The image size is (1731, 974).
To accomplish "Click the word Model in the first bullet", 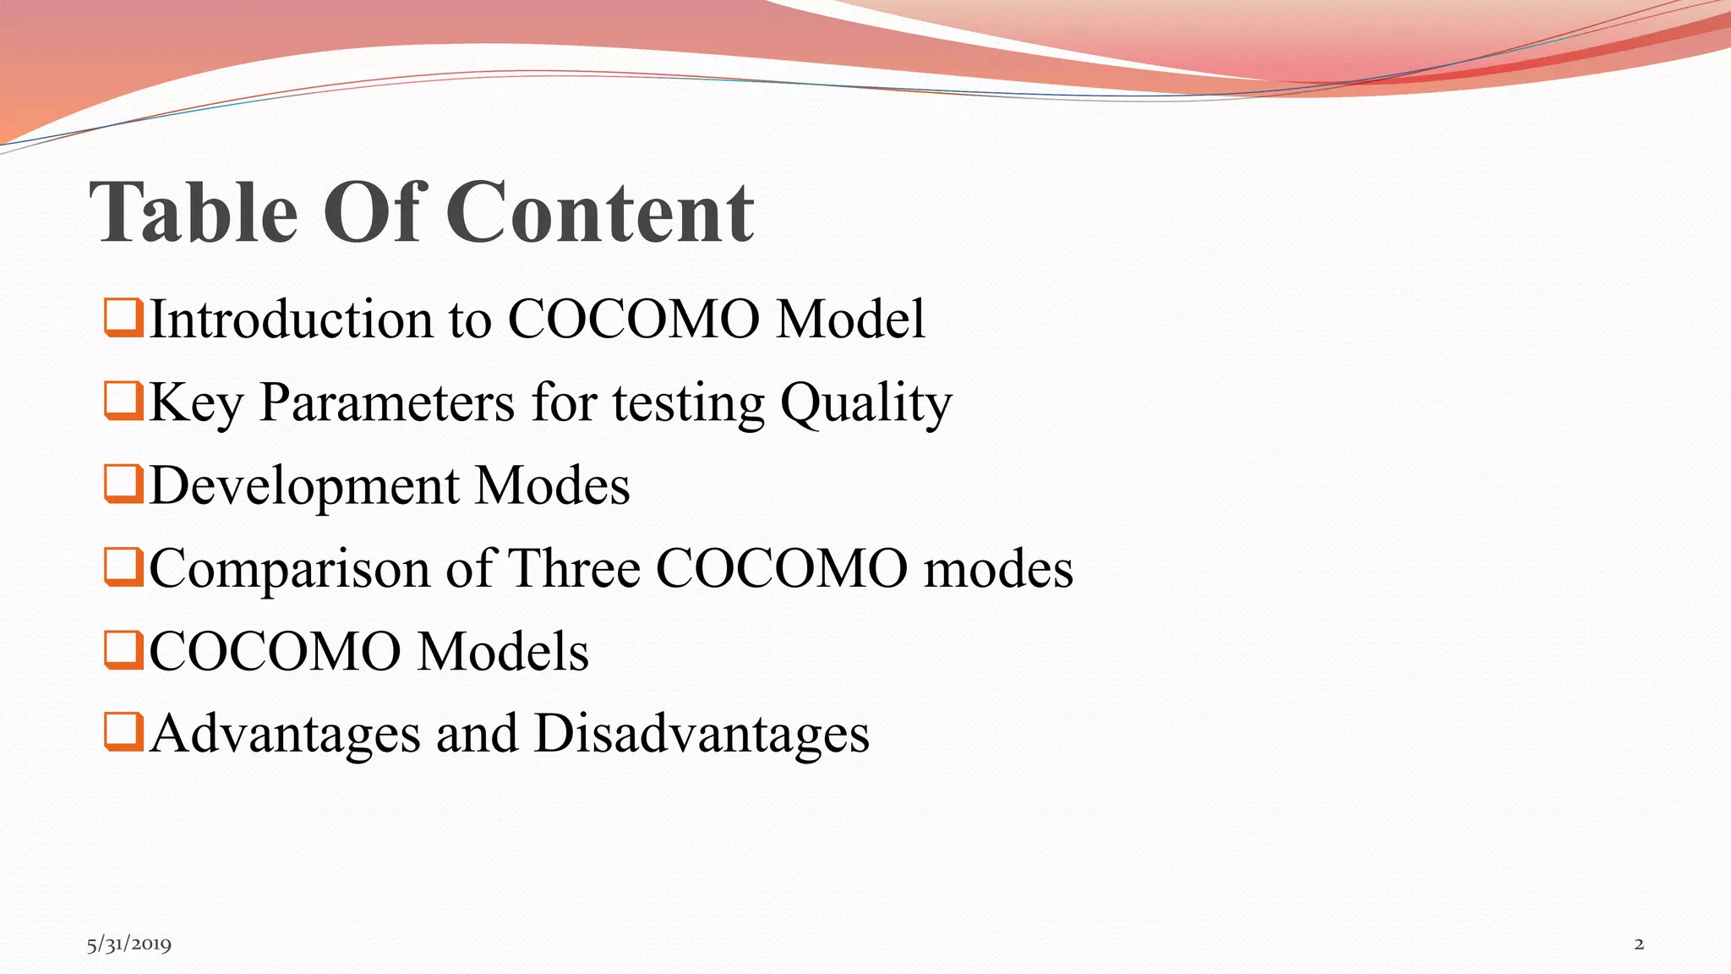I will pyautogui.click(x=850, y=320).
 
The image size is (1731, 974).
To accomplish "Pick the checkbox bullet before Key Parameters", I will pyautogui.click(x=123, y=400).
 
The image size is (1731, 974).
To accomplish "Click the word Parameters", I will pyautogui.click(x=386, y=402).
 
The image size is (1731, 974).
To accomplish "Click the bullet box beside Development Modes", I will pyautogui.click(x=123, y=483).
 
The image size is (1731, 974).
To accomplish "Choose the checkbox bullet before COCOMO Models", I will pyautogui.click(x=123, y=648).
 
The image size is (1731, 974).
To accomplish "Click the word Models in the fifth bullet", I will pyautogui.click(x=503, y=651).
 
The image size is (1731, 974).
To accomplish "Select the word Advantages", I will pyautogui.click(x=286, y=734).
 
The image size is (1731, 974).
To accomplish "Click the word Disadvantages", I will pyautogui.click(x=702, y=734).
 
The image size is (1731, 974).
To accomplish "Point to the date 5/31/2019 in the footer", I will pyautogui.click(x=128, y=944).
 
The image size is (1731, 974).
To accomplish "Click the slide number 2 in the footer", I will pyautogui.click(x=1639, y=944).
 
